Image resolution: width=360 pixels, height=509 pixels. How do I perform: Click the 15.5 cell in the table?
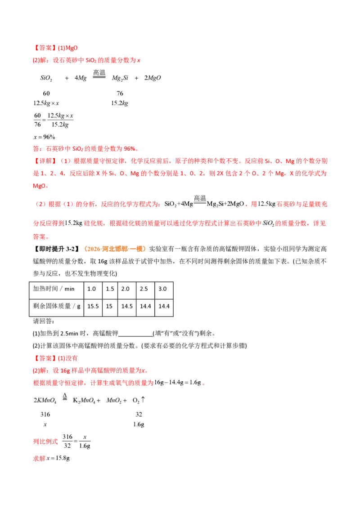click(93, 306)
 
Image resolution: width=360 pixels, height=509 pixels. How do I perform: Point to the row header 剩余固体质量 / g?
click(57, 306)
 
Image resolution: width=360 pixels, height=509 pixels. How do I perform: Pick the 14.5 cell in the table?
click(127, 306)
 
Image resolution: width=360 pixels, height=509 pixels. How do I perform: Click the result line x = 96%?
click(45, 137)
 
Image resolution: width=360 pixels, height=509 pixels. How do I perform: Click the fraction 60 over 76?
click(37, 120)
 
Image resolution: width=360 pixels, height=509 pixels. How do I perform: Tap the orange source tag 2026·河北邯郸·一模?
click(114, 249)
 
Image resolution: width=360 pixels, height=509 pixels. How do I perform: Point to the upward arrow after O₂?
click(143, 400)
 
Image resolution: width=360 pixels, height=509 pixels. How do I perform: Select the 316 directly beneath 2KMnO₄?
click(45, 414)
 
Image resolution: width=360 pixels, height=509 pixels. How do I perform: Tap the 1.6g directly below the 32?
click(139, 424)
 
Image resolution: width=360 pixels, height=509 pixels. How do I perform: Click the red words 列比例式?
click(45, 442)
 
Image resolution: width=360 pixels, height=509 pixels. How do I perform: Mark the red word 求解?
click(39, 458)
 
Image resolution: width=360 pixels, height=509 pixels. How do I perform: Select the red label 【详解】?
click(45, 161)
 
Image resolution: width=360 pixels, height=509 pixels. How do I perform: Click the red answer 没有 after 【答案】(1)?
click(72, 358)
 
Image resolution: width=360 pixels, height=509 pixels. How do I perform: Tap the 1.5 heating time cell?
click(110, 289)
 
